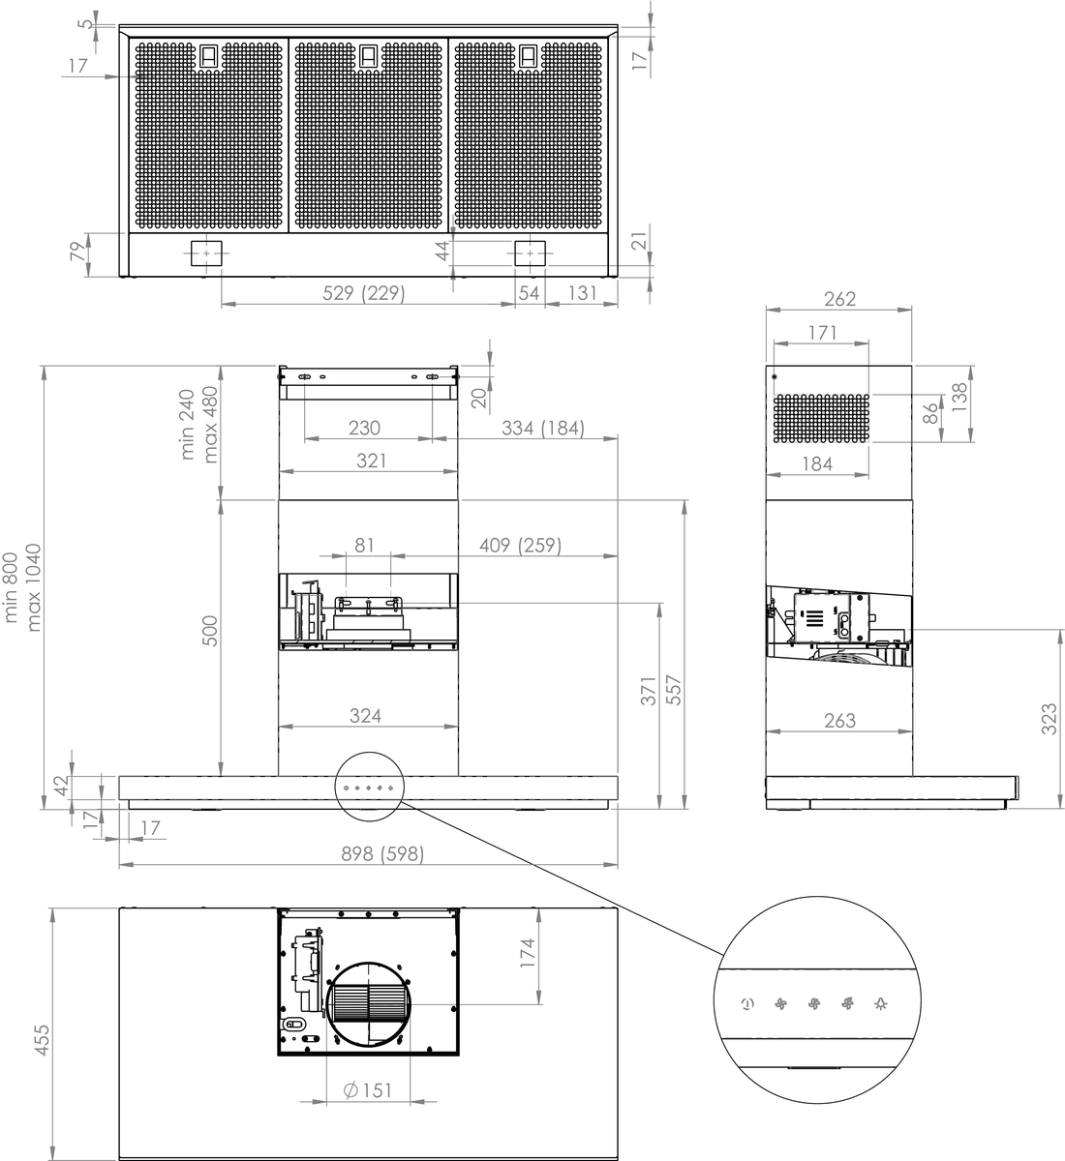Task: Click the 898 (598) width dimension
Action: tap(382, 853)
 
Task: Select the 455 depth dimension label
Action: tap(43, 1040)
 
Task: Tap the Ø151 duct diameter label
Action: tap(367, 1090)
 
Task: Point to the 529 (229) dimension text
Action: tap(363, 293)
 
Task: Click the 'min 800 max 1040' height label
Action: tap(23, 587)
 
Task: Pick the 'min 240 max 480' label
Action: tap(198, 424)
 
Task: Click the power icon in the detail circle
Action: tap(747, 1004)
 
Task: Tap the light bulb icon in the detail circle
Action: tap(881, 1004)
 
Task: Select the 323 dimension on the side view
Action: tap(1050, 720)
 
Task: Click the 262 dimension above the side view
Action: tap(839, 299)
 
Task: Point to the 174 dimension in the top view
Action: tap(528, 953)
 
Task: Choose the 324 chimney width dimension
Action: tap(366, 716)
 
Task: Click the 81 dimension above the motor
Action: tap(364, 546)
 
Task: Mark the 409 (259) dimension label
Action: tap(520, 546)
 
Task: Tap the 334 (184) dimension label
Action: tap(543, 428)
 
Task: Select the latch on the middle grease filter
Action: tap(368, 57)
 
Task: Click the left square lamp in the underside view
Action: tap(206, 253)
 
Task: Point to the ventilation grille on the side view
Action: tap(822, 419)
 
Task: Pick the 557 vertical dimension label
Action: tap(674, 690)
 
